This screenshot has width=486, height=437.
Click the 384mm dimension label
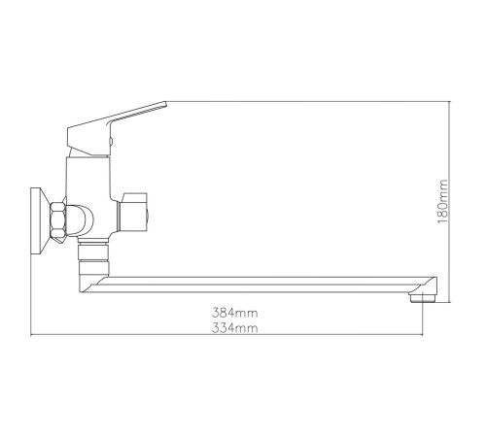tap(235, 313)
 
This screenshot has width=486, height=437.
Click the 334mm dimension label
tap(235, 328)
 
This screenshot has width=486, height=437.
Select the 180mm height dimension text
tap(442, 201)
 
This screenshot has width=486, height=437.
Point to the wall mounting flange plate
tap(39, 221)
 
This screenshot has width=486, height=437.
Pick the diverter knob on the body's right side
tap(133, 213)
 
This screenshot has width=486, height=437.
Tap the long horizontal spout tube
tap(260, 285)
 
